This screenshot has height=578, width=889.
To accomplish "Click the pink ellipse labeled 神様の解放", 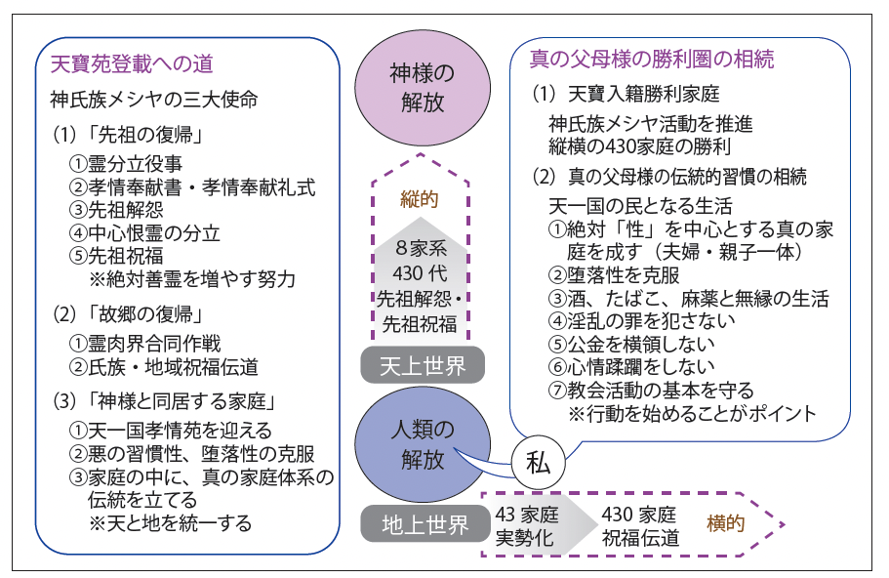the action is pyautogui.click(x=423, y=88).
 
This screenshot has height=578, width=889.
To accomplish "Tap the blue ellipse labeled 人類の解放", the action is pyautogui.click(x=423, y=444).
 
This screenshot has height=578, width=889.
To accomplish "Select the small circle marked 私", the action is pyautogui.click(x=538, y=463).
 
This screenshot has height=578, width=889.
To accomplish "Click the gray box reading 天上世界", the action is pyautogui.click(x=423, y=365).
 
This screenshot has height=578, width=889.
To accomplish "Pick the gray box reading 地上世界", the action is pyautogui.click(x=424, y=524).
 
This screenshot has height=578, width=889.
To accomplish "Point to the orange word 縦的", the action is pyautogui.click(x=420, y=199).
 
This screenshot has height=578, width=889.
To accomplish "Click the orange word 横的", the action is pyautogui.click(x=726, y=523).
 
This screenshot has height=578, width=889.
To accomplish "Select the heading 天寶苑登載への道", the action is pyautogui.click(x=132, y=63).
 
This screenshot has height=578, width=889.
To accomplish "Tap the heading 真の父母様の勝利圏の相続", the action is pyautogui.click(x=652, y=59).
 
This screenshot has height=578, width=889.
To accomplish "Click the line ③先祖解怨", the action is pyautogui.click(x=116, y=210).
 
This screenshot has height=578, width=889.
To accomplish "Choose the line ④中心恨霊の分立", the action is pyautogui.click(x=144, y=233).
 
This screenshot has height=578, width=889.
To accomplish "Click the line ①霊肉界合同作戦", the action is pyautogui.click(x=144, y=343).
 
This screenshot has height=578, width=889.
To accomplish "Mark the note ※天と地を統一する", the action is pyautogui.click(x=170, y=522).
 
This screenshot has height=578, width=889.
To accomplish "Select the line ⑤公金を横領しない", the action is pyautogui.click(x=631, y=343).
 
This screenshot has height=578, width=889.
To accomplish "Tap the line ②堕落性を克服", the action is pyautogui.click(x=614, y=275).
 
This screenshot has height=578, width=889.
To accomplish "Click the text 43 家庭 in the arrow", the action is pyautogui.click(x=527, y=515).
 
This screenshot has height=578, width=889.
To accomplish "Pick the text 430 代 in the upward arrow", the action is pyautogui.click(x=420, y=273).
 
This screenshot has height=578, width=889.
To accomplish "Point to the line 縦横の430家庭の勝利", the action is pyautogui.click(x=639, y=146).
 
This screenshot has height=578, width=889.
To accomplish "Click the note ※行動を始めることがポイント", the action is pyautogui.click(x=692, y=414).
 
